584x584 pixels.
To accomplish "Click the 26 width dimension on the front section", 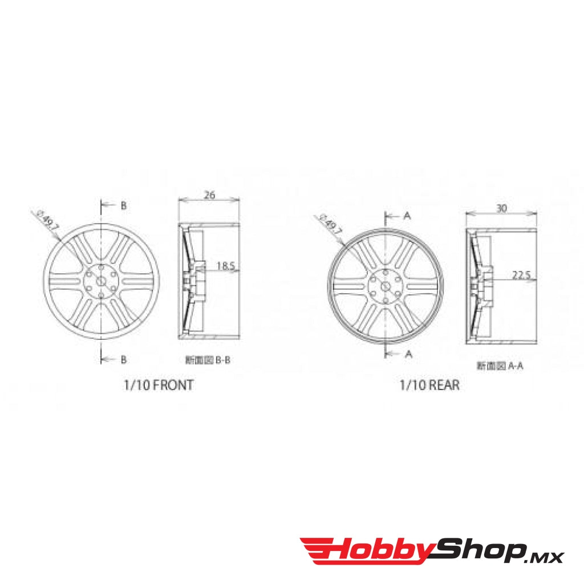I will point(209,195).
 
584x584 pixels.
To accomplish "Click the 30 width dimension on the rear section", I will point(501,209).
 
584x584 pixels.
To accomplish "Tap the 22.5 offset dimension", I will point(521,275).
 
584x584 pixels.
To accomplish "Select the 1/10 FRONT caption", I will point(158,385).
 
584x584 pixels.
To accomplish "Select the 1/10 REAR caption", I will point(429,386).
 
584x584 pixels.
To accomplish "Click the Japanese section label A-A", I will point(500,366).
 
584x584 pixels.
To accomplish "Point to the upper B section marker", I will point(123,206).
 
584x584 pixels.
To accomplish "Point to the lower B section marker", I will point(123,359).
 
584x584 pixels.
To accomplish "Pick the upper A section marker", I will point(407,215).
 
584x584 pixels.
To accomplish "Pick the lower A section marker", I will point(408,354).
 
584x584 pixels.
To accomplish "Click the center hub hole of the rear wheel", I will point(386,283).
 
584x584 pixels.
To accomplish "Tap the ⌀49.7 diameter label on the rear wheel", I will point(331,224).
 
